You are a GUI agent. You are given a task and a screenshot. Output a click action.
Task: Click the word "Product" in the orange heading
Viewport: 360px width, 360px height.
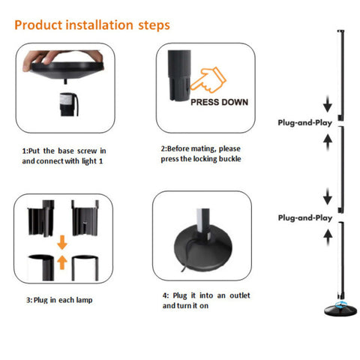[x=38, y=25]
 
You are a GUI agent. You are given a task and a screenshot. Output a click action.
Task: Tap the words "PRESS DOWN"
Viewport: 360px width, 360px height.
[x=219, y=102]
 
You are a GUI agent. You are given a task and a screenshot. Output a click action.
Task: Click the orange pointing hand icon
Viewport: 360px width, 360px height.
[x=208, y=80]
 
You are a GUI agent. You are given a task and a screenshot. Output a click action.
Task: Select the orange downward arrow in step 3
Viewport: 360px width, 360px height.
[x=62, y=242]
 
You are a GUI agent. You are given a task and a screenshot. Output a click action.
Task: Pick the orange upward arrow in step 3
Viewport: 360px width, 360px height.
[x=62, y=262]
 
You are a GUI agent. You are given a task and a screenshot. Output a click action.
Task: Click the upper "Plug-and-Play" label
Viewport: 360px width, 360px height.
[x=305, y=123]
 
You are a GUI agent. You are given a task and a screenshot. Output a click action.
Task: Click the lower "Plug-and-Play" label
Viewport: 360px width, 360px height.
[x=305, y=217]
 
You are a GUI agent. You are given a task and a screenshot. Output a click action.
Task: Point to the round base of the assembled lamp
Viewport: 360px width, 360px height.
[x=340, y=310]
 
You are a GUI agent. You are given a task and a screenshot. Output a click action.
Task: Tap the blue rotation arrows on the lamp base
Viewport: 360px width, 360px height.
[x=341, y=304]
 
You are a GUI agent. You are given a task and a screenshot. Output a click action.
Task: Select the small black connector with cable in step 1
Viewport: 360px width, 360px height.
[x=68, y=104]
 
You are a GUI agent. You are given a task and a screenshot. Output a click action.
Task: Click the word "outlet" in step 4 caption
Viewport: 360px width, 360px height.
[x=240, y=295]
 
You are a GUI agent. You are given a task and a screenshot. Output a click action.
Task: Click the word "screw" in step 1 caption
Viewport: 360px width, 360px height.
[x=87, y=151]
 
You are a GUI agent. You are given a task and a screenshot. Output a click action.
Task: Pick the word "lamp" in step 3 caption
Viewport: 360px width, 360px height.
[x=84, y=300]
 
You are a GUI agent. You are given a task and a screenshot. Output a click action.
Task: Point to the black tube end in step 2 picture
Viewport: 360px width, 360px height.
[x=179, y=76]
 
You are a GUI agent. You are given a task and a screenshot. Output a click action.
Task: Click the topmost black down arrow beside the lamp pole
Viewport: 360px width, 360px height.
[x=328, y=103]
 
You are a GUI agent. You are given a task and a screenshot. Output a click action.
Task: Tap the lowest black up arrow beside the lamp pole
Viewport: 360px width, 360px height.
[x=328, y=237]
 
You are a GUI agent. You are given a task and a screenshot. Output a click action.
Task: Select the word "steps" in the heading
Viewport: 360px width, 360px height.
[x=154, y=25]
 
